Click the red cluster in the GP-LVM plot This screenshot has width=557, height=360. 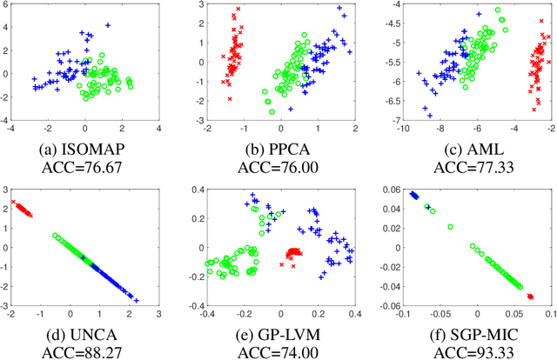click(x=292, y=254)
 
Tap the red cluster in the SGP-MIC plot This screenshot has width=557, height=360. click(x=528, y=296)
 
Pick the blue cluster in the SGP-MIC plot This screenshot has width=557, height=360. click(x=414, y=196)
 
